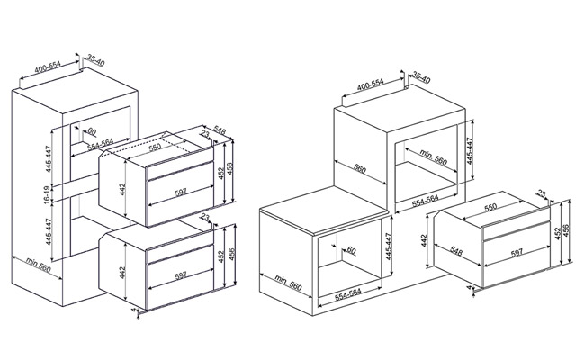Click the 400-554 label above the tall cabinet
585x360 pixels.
[48, 67]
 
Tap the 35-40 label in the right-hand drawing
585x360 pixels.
[421, 77]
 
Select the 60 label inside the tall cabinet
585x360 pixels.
[92, 131]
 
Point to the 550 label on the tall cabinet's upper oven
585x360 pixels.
[155, 147]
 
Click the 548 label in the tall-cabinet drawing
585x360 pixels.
[220, 130]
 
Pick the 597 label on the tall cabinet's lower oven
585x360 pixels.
[181, 275]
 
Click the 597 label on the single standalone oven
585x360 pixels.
[517, 253]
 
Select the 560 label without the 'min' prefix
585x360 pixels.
[360, 168]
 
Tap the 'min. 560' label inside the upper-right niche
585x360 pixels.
[433, 157]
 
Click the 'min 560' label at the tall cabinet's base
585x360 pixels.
[39, 265]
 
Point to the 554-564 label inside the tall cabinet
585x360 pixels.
[100, 144]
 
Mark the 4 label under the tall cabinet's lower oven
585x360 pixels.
[133, 310]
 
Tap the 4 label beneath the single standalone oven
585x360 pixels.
[469, 288]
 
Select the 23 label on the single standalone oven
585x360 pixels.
[542, 193]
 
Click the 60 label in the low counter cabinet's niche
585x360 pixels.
[351, 250]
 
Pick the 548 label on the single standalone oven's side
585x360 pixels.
[456, 251]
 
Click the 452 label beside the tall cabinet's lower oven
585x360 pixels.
[221, 256]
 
